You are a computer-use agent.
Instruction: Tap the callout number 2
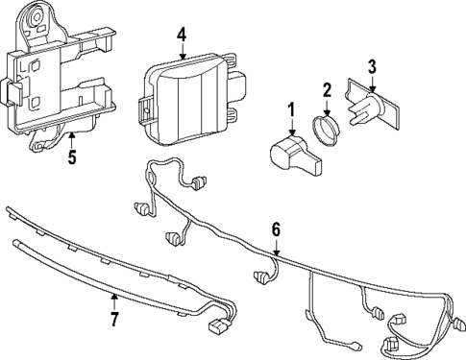click(x=327, y=91)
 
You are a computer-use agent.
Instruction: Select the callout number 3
click(x=372, y=66)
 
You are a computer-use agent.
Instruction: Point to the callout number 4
click(x=182, y=36)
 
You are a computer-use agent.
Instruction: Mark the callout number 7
click(x=113, y=317)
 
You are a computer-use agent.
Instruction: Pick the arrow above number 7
click(x=113, y=300)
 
